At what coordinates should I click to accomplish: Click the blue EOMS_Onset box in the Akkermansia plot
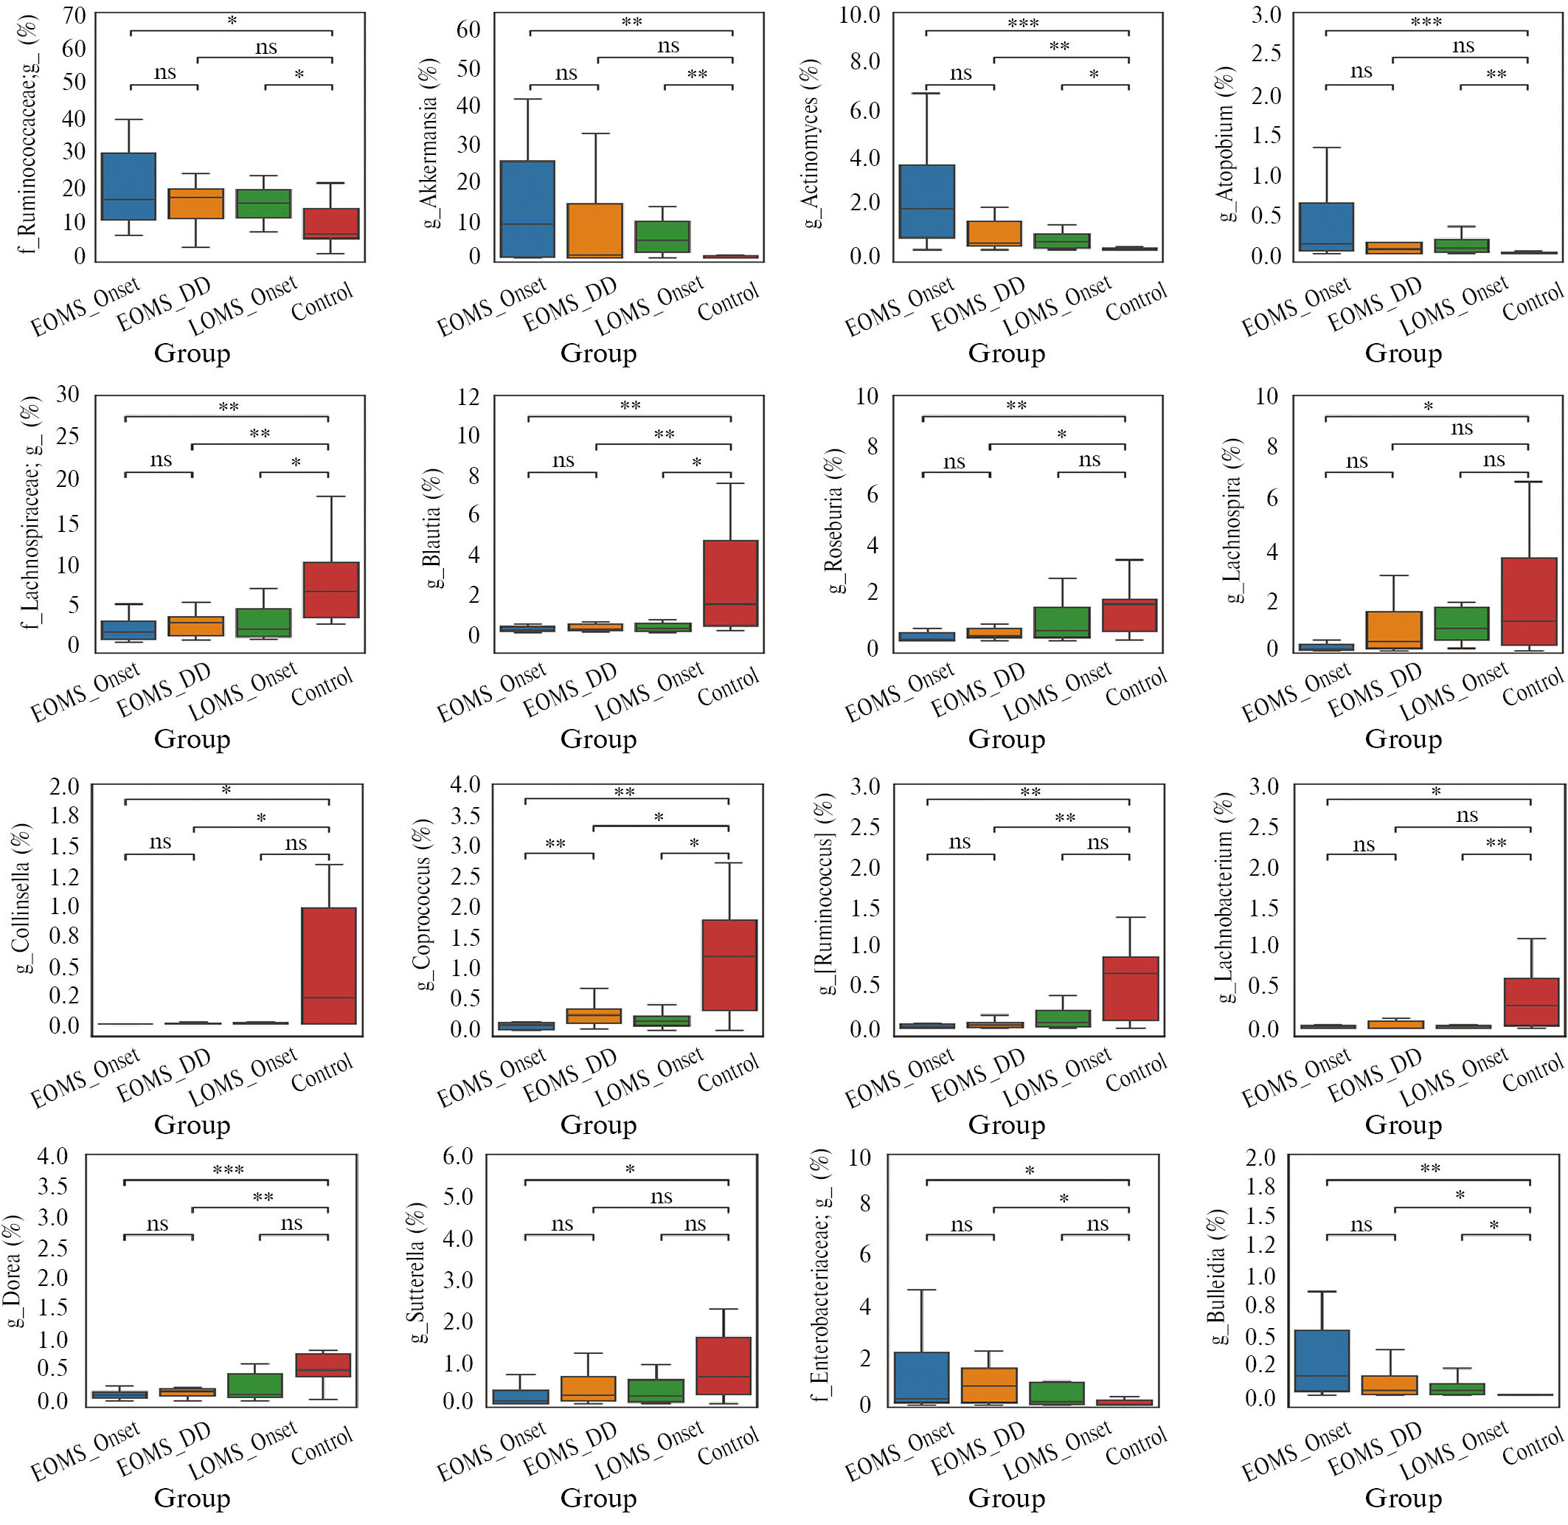pos(527,209)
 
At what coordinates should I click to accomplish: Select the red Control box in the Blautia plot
pos(729,582)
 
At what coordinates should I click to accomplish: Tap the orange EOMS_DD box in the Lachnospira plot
pos(1392,629)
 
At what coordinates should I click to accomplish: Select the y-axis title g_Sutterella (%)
pos(416,1272)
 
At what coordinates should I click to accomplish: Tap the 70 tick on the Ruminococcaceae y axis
pos(74,15)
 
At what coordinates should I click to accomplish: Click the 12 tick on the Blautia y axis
pos(468,396)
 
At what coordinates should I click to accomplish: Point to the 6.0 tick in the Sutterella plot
pos(458,1156)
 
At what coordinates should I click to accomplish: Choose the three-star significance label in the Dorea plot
pos(228,1170)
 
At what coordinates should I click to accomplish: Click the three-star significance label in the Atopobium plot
pos(1426,22)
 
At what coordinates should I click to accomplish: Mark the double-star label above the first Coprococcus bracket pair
pos(555,844)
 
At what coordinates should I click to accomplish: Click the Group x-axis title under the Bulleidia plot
pos(1403,1498)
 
